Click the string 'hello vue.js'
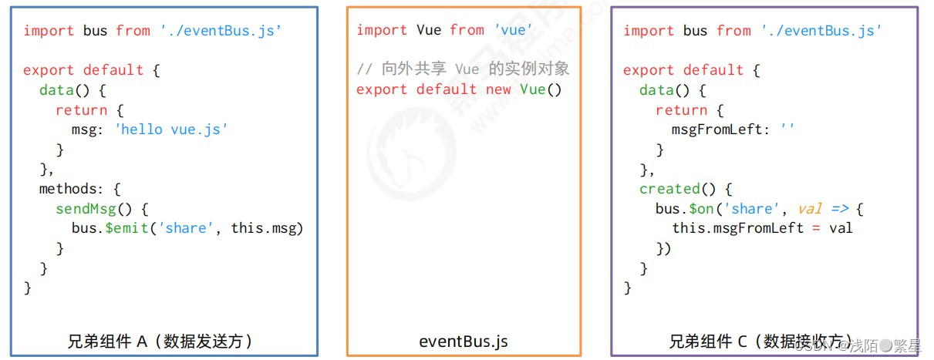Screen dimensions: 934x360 coord(171,130)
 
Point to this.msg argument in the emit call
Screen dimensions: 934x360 coord(262,228)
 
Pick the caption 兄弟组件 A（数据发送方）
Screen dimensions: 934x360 coord(160,340)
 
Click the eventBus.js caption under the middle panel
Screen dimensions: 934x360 coord(464,340)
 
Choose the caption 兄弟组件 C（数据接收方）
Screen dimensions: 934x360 coord(760,340)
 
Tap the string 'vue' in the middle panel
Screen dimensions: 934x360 coord(513,31)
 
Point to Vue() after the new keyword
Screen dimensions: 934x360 coord(541,89)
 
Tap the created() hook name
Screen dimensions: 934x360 coord(669,189)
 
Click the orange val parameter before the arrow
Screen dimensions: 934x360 coord(810,209)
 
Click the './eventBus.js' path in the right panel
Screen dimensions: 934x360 coord(821,31)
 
